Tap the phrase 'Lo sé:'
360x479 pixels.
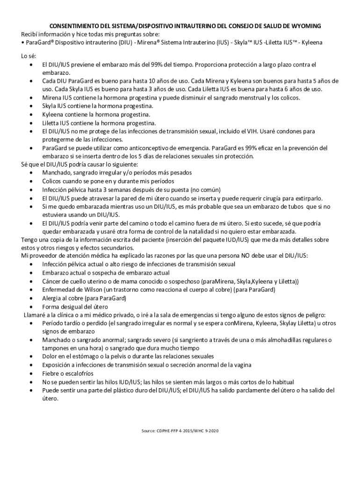pos(29,56)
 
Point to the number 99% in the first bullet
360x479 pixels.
pos(159,65)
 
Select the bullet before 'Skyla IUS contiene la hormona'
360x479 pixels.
pos(31,106)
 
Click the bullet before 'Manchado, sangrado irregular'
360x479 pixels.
pos(31,173)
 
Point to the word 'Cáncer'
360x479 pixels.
pos(51,281)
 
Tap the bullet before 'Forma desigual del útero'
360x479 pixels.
pos(31,306)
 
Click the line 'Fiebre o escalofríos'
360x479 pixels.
pos(68,373)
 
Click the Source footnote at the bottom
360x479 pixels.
pos(180,430)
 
